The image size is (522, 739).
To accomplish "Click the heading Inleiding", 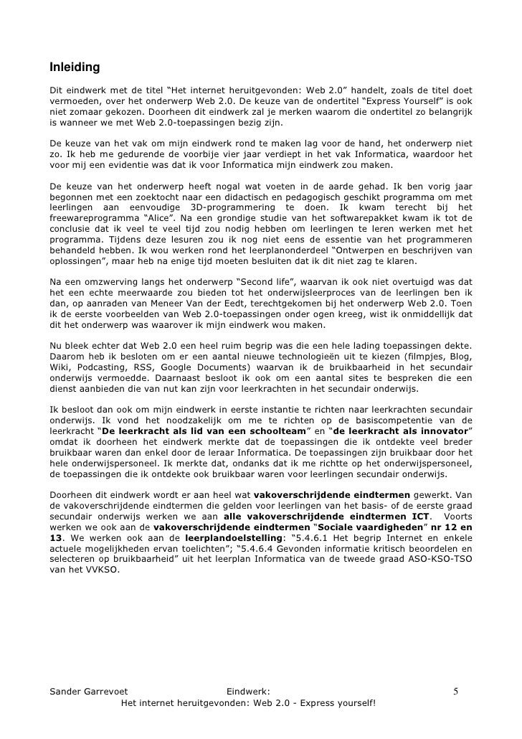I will [x=74, y=68].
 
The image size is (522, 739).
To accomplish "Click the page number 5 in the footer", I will [x=455, y=692].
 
